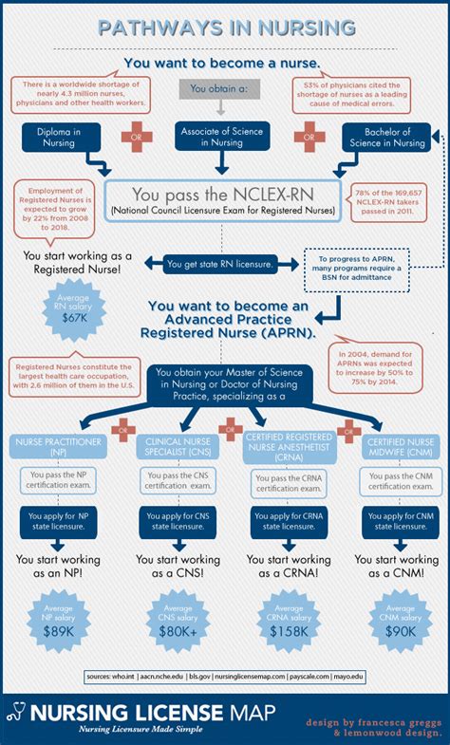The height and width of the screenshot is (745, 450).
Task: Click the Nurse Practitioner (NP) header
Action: [55, 445]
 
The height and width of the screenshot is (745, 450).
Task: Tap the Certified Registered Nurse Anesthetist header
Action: [282, 446]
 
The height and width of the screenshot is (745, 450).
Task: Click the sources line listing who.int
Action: [224, 677]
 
